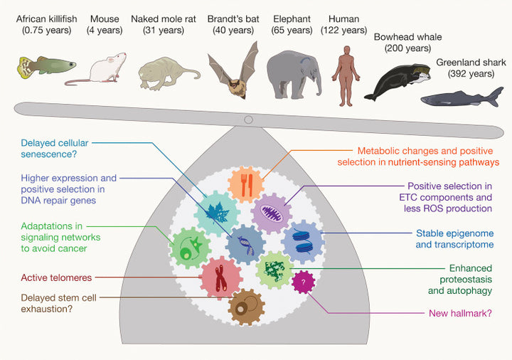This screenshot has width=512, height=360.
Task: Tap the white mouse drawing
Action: (x=105, y=69)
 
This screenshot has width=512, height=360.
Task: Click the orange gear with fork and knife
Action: (x=245, y=185)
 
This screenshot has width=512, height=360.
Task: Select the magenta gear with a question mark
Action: (x=304, y=282)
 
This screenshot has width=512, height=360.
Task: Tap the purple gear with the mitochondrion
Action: (x=272, y=212)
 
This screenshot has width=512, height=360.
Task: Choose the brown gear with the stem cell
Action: (x=247, y=307)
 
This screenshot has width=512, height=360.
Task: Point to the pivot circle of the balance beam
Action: (x=247, y=119)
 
